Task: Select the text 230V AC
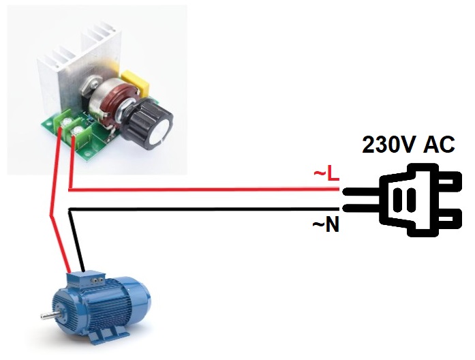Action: click(x=408, y=145)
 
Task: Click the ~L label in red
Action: click(x=326, y=175)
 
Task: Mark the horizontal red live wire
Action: click(x=204, y=190)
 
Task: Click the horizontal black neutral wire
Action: click(x=204, y=209)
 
